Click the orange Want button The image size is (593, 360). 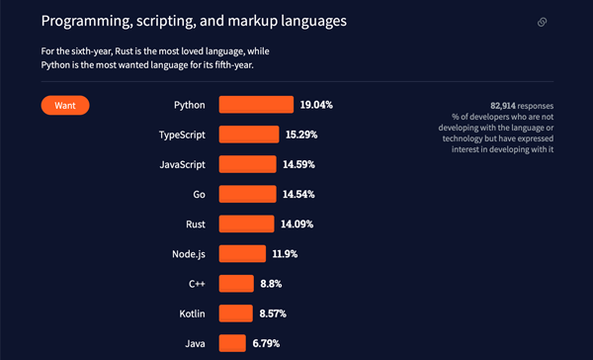65,105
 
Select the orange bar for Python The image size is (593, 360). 256,105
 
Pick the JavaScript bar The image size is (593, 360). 247,164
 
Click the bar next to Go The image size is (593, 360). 247,194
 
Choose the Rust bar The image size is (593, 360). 246,224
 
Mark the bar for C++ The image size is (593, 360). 236,284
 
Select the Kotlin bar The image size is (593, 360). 236,314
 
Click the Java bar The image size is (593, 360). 232,343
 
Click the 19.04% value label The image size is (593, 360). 317,105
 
